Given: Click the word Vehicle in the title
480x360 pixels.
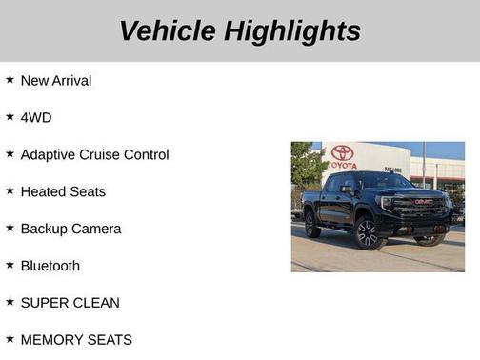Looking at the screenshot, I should pos(167,30).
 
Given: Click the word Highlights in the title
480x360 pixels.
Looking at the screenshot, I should pos(292,30).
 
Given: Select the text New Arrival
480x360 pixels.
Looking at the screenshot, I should pos(56,81).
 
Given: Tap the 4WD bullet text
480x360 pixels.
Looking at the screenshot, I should pos(36,117).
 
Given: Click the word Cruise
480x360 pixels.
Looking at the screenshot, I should pos(115,154).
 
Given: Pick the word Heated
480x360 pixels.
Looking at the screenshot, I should pos(44,191).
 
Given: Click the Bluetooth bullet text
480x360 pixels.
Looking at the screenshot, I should pos(50,266).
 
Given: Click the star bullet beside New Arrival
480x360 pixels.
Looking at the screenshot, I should pos(10,80).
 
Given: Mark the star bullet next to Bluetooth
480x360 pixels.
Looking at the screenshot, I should pos(10,265).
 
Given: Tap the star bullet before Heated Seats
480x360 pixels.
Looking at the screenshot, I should pos(10,190).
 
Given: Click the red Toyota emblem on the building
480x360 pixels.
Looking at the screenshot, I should pos(343,152).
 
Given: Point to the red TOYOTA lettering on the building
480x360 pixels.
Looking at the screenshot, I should pos(343,165).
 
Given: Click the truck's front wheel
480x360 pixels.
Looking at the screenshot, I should pos(369,232).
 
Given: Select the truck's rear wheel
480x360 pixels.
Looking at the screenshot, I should pos(312,225).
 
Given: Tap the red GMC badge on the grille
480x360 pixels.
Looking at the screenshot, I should pos(423,201).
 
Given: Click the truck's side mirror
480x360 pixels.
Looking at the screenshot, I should pos(348,189).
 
